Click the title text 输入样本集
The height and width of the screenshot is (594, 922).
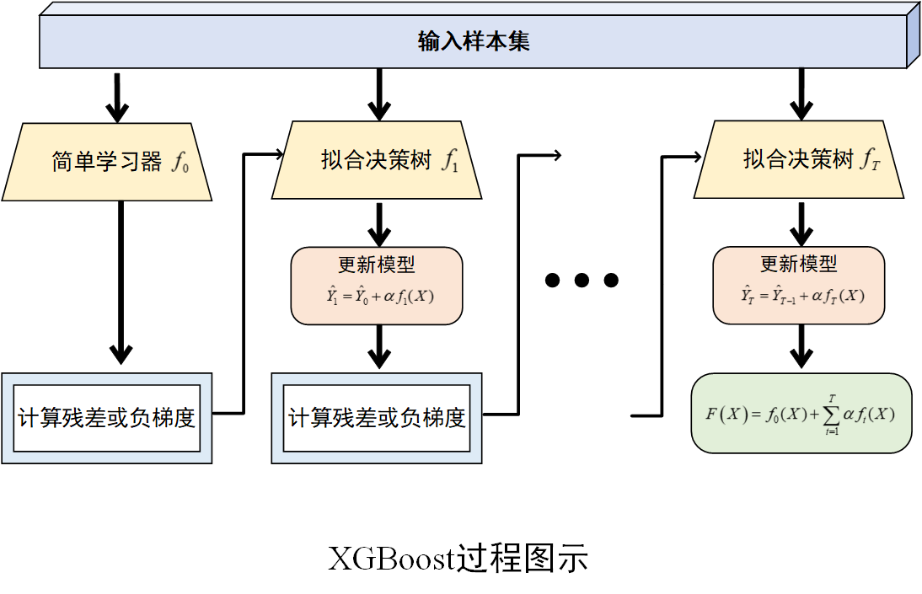[x=474, y=41]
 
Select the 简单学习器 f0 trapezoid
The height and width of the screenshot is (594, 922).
[x=106, y=161]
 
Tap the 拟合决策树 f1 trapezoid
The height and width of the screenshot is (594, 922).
[x=377, y=160]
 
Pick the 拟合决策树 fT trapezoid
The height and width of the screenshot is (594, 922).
[x=799, y=160]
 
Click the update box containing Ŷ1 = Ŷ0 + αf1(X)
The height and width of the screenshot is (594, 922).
[x=377, y=286]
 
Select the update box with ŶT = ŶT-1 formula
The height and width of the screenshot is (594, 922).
[x=799, y=286]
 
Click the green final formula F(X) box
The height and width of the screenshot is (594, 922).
[x=801, y=413]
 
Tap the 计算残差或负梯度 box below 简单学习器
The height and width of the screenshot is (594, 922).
[x=106, y=418]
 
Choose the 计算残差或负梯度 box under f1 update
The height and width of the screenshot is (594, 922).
[x=377, y=418]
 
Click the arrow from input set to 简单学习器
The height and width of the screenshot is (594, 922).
[x=117, y=97]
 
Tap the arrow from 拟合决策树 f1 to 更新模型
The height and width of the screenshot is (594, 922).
[x=380, y=223]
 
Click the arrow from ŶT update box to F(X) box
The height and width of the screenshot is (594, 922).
[x=801, y=347]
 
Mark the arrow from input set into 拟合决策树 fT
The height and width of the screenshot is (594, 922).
[x=801, y=94]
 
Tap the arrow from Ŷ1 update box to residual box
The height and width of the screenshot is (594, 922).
[x=380, y=347]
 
